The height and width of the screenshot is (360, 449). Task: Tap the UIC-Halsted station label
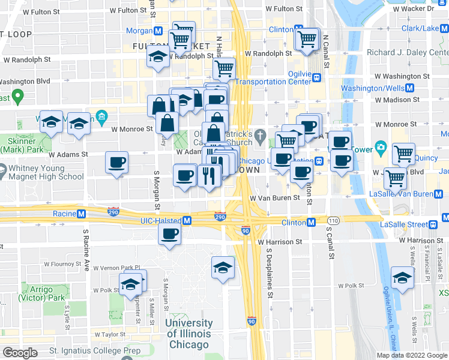tap(160, 221)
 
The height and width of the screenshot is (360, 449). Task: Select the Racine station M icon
tap(81, 214)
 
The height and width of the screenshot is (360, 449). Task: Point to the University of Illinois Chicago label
tap(189, 334)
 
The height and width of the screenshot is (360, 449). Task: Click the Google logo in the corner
tap(20, 353)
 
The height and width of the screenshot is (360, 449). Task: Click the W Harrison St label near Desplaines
tap(279, 242)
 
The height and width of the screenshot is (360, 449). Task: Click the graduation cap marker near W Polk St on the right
tap(402, 278)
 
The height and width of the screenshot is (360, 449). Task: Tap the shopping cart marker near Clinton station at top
tap(307, 40)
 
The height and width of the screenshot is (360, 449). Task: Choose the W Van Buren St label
tap(275, 197)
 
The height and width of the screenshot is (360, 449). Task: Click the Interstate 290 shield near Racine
tap(113, 212)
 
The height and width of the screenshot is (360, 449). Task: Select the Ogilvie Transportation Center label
tap(273, 77)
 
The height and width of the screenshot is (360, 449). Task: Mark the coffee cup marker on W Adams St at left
tap(116, 162)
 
